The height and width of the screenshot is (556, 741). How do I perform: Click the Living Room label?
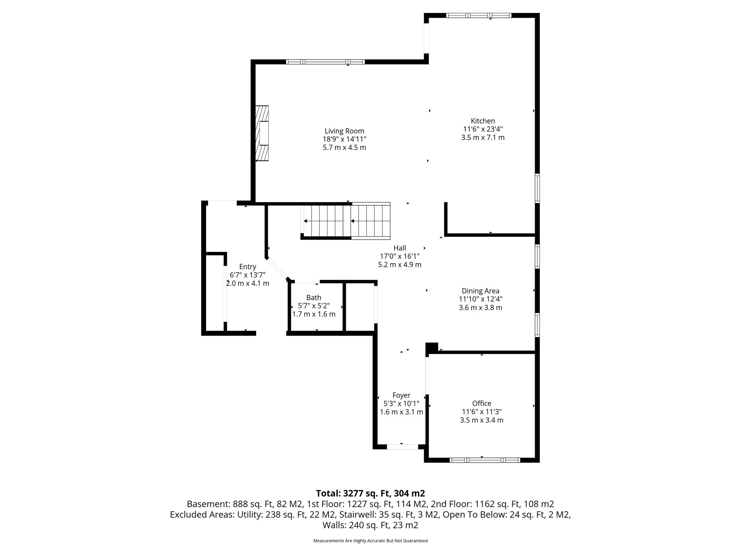point(344,131)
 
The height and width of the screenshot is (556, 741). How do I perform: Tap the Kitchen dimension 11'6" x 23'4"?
point(483,129)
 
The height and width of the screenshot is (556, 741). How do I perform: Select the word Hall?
point(399,248)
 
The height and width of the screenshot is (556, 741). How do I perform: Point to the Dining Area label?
point(480,291)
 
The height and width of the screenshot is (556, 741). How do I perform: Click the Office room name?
point(482,403)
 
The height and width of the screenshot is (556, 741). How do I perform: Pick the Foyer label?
point(401,395)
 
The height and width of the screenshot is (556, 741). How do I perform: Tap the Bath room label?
point(314,298)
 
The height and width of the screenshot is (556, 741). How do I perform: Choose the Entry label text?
point(247,267)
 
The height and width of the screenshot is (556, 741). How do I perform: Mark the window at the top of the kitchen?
point(479,16)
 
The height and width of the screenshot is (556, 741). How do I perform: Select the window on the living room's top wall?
point(325,62)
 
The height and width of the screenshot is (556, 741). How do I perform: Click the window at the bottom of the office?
point(485,460)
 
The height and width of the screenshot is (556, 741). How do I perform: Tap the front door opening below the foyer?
point(403,447)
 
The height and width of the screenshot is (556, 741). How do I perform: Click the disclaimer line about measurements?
point(370,541)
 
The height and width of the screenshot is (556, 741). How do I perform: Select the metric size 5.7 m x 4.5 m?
point(344,148)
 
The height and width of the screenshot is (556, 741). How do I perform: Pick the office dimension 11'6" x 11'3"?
point(482,412)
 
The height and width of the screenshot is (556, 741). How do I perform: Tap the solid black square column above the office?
point(432,348)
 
